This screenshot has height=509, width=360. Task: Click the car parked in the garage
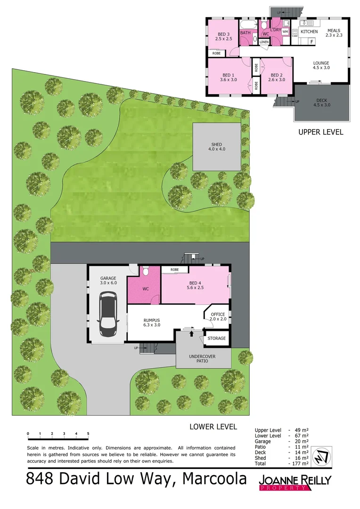[107, 314]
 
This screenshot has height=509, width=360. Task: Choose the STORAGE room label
[217, 338]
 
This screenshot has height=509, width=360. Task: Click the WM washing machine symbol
[285, 32]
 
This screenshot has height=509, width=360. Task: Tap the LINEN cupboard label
[264, 42]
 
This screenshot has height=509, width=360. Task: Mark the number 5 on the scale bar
[88, 433]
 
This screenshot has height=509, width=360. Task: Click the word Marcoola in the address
[214, 479]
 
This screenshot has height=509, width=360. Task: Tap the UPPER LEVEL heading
[321, 132]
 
